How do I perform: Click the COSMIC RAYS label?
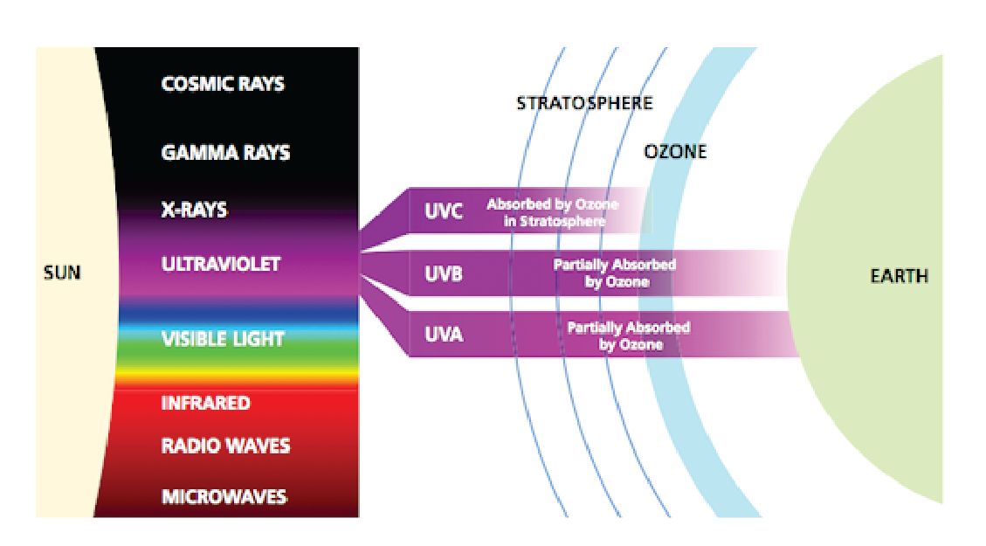click(x=223, y=84)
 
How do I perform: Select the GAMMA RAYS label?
click(x=225, y=152)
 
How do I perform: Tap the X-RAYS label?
click(x=194, y=210)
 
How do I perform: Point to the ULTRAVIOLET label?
click(x=221, y=264)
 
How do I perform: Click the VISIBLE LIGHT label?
click(x=223, y=339)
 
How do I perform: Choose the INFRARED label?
click(x=205, y=403)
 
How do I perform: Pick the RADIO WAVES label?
click(x=225, y=446)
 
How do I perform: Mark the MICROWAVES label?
click(x=224, y=496)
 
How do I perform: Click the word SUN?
click(x=62, y=273)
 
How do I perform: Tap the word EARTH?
click(x=900, y=275)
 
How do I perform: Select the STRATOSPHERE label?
click(x=585, y=102)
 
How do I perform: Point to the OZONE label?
click(x=675, y=152)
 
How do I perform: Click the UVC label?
click(x=444, y=211)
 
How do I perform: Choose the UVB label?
click(x=444, y=273)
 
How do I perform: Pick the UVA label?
click(x=444, y=334)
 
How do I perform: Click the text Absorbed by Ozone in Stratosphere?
click(x=553, y=212)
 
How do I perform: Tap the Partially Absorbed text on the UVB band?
click(x=615, y=264)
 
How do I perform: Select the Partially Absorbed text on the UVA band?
click(x=629, y=327)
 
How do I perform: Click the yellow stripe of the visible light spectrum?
click(x=238, y=376)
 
